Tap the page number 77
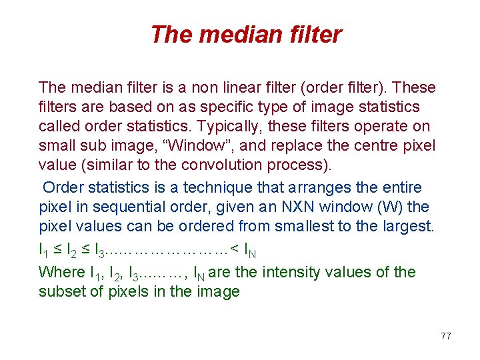(446, 336)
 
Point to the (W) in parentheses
(373, 207)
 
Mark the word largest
(407, 227)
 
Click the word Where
(61, 272)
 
